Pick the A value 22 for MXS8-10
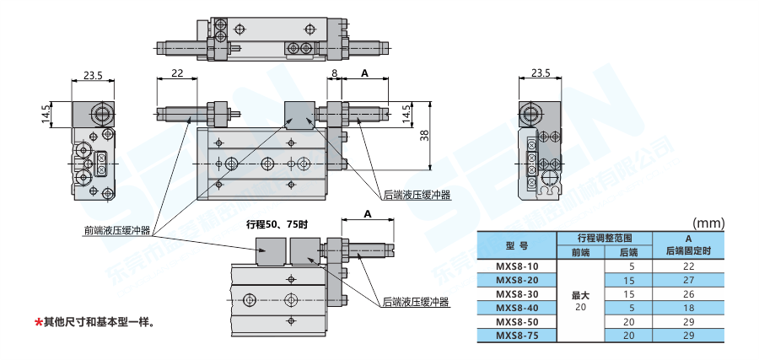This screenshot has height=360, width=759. [x=688, y=266]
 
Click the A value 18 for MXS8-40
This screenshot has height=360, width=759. [x=688, y=308]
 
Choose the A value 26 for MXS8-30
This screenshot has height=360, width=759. [x=688, y=294]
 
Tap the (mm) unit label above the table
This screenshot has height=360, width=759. [x=708, y=223]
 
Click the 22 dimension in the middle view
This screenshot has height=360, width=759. [x=177, y=74]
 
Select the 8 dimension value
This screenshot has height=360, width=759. [x=334, y=74]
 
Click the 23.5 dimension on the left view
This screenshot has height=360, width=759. [x=93, y=75]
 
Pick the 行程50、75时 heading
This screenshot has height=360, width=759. [x=277, y=224]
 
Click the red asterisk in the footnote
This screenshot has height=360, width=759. [x=38, y=322]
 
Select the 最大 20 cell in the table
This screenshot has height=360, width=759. [x=580, y=301]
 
